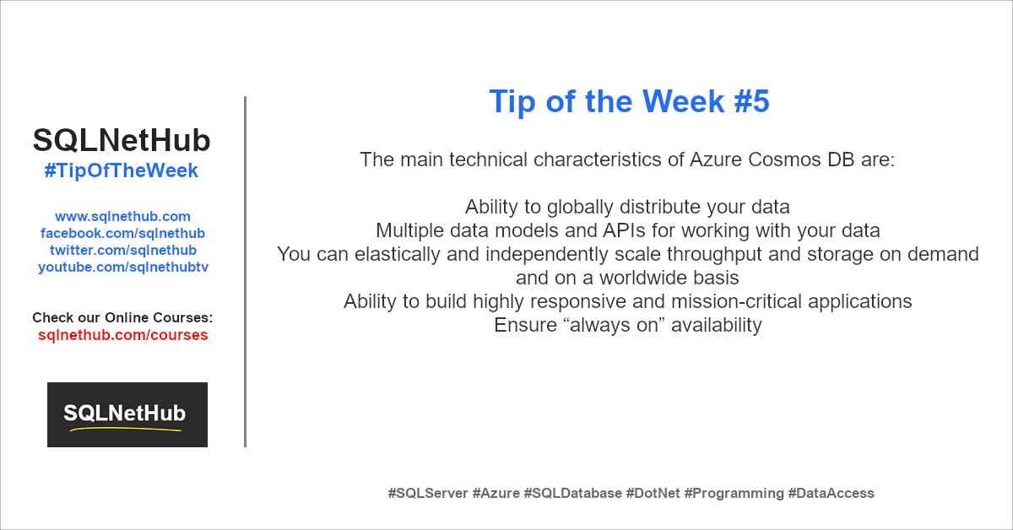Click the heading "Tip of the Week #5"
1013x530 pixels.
(629, 101)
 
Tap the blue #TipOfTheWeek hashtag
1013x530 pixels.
(122, 170)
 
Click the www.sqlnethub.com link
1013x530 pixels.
(122, 216)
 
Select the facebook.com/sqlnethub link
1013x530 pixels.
(122, 233)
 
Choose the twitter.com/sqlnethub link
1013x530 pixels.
(123, 250)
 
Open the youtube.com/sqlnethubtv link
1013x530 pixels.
(123, 267)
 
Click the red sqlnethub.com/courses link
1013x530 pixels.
(123, 335)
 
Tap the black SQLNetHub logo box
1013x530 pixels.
(127, 414)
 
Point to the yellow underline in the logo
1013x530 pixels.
(126, 429)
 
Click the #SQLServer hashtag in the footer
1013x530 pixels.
(428, 493)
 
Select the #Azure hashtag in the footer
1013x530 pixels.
(496, 493)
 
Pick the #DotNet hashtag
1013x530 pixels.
(653, 493)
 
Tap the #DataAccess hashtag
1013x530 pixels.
(832, 493)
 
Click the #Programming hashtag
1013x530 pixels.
(734, 493)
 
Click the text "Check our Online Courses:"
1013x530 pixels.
(122, 317)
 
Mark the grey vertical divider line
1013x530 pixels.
(245, 272)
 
